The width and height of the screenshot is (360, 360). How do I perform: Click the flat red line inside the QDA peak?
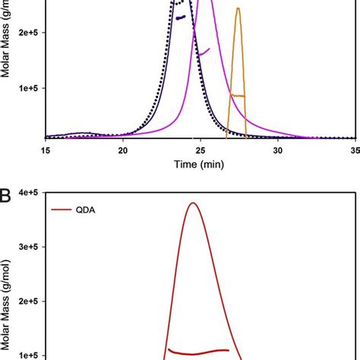198,352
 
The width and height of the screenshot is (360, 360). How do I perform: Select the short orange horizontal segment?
238,96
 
